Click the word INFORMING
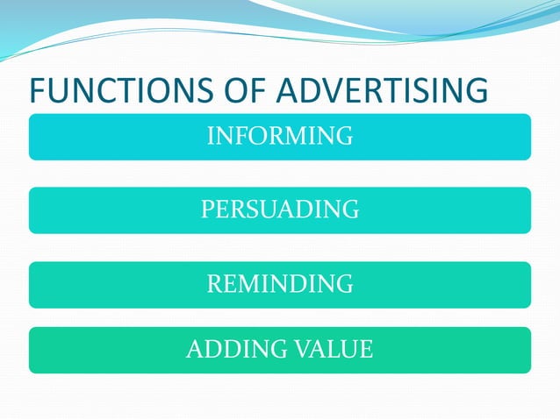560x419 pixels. point(280,137)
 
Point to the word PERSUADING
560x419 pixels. point(280,210)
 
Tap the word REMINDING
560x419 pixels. point(280,285)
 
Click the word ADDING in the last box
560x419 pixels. point(232,351)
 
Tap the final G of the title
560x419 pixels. point(475,92)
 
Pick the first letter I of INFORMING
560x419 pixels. point(210,137)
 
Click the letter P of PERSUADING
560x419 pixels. point(207,210)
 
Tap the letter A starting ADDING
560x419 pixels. point(194,351)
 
